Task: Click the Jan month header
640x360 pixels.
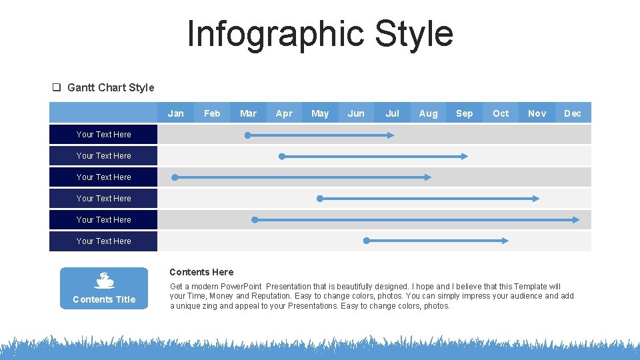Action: pyautogui.click(x=176, y=113)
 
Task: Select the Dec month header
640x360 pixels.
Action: pyautogui.click(x=572, y=113)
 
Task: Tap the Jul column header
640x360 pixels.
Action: pyautogui.click(x=392, y=113)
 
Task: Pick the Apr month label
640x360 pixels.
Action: pyautogui.click(x=284, y=113)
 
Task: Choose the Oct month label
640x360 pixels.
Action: pyautogui.click(x=500, y=113)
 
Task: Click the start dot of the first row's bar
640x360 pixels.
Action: pyautogui.click(x=247, y=135)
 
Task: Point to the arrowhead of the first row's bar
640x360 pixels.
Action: pyautogui.click(x=391, y=135)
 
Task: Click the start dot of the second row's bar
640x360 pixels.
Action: pyautogui.click(x=281, y=156)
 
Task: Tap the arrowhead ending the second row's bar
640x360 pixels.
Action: pyautogui.click(x=465, y=156)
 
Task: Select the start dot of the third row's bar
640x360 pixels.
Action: pyautogui.click(x=175, y=177)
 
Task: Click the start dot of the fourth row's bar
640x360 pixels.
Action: pyautogui.click(x=319, y=199)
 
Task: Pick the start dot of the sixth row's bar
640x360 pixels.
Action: pyautogui.click(x=366, y=241)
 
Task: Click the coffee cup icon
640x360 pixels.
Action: pyautogui.click(x=104, y=280)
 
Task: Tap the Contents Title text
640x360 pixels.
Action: pyautogui.click(x=104, y=299)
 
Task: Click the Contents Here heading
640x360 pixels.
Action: pyautogui.click(x=201, y=272)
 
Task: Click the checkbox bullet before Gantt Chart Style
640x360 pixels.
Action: pyautogui.click(x=57, y=87)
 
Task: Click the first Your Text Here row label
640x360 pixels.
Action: pyautogui.click(x=104, y=135)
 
